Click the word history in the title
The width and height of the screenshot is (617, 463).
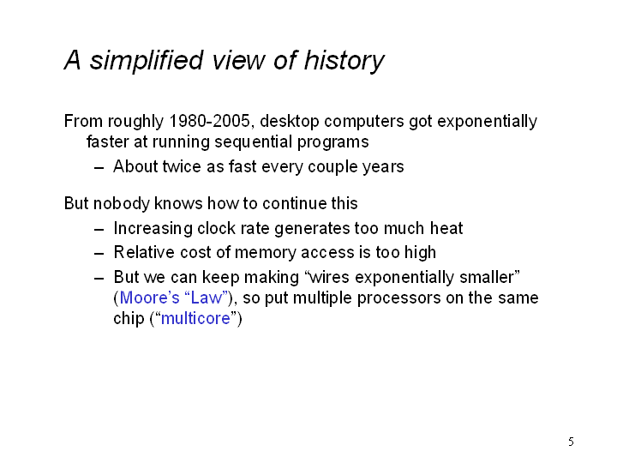344,61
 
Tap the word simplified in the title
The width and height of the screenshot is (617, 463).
147,61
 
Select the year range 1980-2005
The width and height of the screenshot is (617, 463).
209,121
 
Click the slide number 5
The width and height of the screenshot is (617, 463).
571,442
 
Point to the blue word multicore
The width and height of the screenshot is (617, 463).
195,318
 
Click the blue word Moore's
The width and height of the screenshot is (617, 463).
149,298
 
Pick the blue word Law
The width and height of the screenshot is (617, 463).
207,298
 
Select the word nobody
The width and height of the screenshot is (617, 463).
122,203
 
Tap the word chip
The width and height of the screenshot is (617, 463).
129,319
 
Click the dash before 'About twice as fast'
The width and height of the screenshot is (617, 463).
99,167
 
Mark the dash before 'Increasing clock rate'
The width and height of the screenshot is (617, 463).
99,229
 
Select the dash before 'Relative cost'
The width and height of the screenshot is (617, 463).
99,253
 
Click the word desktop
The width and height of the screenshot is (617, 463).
290,122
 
